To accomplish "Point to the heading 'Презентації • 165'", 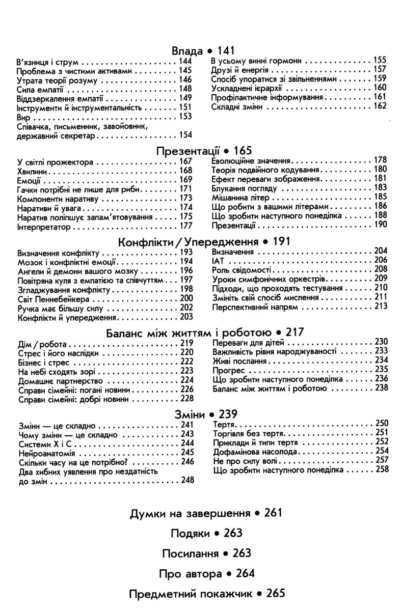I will [x=204, y=151].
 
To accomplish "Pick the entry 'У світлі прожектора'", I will [x=55, y=162].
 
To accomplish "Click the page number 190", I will [x=380, y=224].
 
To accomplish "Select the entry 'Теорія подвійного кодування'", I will [x=265, y=170].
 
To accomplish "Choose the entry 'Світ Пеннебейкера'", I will [x=53, y=298].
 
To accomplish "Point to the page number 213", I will [x=380, y=307].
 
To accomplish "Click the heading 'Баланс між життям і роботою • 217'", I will [x=205, y=332].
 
